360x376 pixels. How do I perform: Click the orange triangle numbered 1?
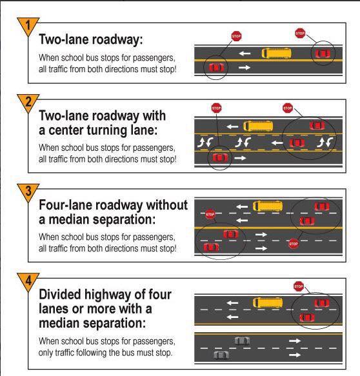(28, 26)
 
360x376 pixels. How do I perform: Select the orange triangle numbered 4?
(28, 281)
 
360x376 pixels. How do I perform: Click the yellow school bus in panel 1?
(276, 54)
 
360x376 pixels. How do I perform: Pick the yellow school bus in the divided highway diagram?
(268, 303)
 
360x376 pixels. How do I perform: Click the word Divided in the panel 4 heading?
(60, 295)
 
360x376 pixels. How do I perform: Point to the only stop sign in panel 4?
(299, 286)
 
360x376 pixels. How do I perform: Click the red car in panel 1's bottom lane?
(216, 67)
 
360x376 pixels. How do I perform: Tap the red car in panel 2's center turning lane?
(297, 143)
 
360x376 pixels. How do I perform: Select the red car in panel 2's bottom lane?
(220, 158)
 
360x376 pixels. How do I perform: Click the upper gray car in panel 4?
(242, 341)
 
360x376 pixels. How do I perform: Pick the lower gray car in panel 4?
(221, 355)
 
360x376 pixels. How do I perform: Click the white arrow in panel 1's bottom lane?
(245, 68)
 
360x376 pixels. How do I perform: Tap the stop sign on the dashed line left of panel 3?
(210, 214)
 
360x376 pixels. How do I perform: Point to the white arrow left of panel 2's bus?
(232, 126)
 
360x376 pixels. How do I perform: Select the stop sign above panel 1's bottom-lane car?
(237, 36)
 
